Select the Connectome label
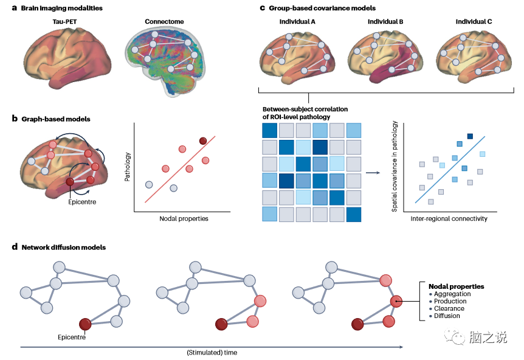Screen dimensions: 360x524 164,22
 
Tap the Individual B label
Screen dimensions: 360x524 385,22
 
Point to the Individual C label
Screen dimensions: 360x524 474,22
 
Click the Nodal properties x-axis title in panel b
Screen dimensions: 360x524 184,218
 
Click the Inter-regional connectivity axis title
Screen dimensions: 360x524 449,218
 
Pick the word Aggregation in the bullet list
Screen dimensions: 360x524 452,294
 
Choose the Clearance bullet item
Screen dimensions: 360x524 449,308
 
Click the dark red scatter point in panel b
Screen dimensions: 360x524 202,141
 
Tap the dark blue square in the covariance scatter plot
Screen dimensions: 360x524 470,136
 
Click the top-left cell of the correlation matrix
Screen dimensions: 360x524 269,131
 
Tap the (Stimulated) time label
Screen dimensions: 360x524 212,352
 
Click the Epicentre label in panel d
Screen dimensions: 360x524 71,336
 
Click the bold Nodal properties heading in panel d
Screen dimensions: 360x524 456,286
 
